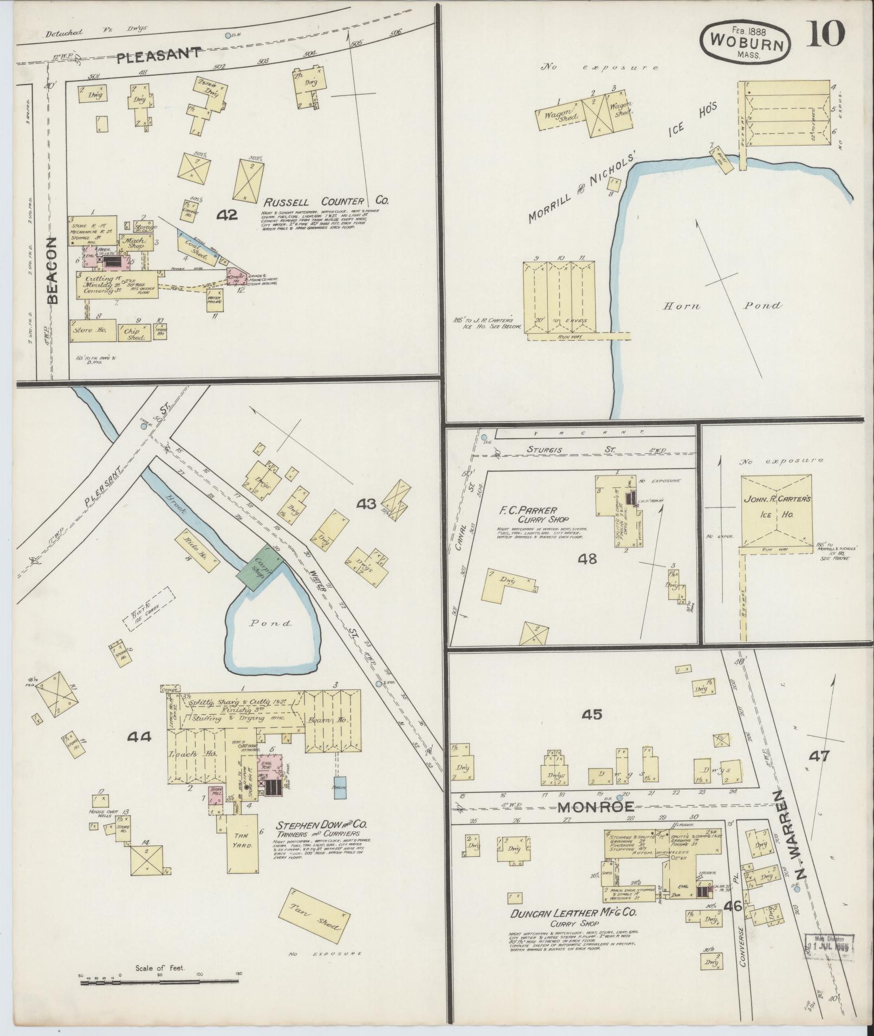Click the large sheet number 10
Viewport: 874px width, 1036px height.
click(x=827, y=34)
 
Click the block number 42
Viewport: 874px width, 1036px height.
click(x=226, y=215)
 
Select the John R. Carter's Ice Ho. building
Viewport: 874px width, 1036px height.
click(x=776, y=511)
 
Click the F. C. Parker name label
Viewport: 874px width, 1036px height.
click(x=526, y=510)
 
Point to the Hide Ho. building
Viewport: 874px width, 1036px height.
click(x=196, y=550)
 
